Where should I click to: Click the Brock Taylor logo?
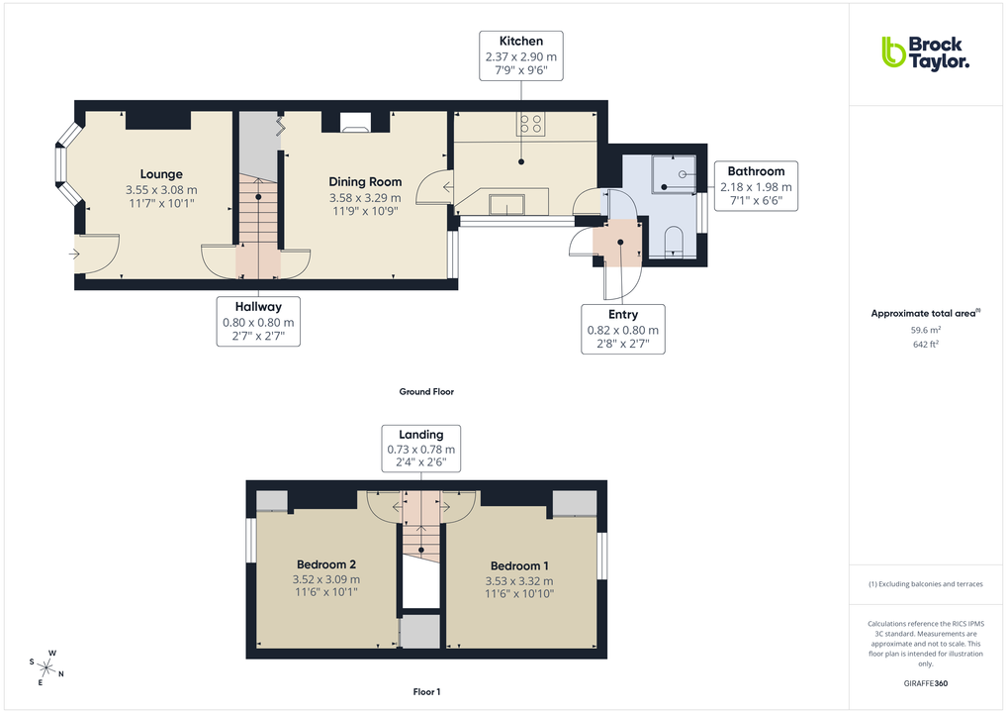point(924,52)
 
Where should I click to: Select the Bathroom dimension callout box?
point(756,186)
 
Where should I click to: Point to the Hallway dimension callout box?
point(258,322)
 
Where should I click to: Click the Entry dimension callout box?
point(622,329)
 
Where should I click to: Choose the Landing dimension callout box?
point(420,449)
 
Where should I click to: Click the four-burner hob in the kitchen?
point(530,125)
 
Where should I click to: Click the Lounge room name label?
point(161,174)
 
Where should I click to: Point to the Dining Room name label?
point(365,181)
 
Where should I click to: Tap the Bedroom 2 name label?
point(325,564)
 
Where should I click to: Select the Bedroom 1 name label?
point(518,565)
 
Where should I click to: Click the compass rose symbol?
point(46,666)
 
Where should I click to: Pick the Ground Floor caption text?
point(426,392)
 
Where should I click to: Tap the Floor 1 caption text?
point(426,691)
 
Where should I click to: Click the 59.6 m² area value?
point(925,330)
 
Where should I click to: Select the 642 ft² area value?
point(925,345)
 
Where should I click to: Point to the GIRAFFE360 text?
point(926,683)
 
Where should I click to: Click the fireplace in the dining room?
point(355,123)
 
